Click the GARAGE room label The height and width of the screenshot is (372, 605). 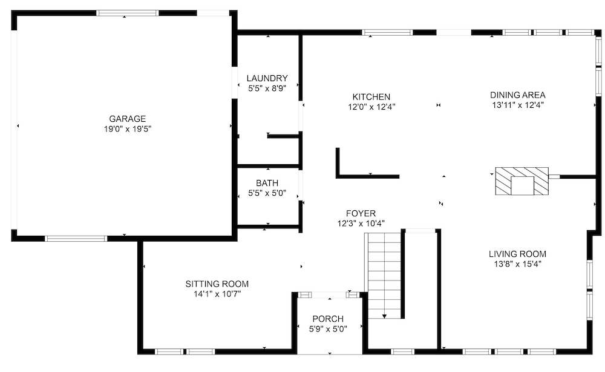pos(127,119)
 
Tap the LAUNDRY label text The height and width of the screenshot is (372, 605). pos(267,78)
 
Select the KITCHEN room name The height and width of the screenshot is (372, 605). pos(371,97)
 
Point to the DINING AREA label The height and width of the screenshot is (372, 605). pos(517,95)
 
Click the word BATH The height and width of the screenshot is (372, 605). pos(267,183)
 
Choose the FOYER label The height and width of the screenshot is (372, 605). pos(361,214)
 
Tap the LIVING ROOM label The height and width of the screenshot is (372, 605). pos(517,254)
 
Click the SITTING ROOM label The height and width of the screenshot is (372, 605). pos(217,284)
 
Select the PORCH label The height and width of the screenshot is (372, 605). pos(328,319)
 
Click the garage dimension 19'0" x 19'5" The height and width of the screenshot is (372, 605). pos(127,129)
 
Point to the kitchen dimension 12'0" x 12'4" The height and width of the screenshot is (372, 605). pos(371,107)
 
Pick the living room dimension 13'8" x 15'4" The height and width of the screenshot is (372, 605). pos(517,264)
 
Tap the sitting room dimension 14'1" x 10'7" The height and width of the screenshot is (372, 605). pos(217,294)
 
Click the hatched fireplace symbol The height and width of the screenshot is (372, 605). pos(522,181)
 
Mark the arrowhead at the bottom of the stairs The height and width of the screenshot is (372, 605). pos(384,316)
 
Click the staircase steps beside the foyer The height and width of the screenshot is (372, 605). pos(384,276)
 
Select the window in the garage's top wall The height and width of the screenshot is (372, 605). pos(127,13)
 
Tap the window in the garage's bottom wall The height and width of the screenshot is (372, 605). pos(76,239)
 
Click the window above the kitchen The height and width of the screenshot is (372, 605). pos(387,33)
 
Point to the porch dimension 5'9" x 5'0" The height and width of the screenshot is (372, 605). pos(328,329)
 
